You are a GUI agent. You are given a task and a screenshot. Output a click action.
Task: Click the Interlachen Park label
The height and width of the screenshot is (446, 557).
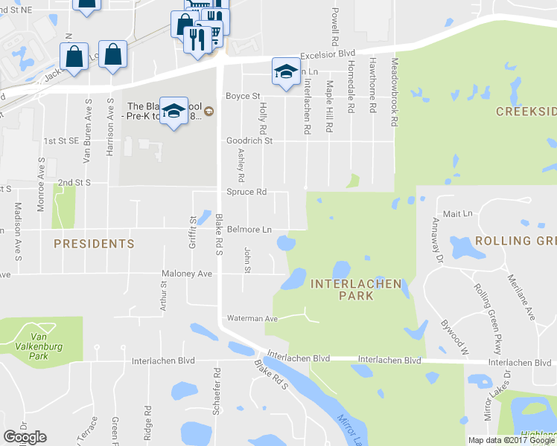(x=356, y=289)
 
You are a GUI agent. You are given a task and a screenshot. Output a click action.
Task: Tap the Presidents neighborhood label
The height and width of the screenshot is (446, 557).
(x=94, y=243)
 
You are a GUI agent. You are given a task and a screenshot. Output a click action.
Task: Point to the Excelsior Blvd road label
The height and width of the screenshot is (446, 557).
(x=328, y=55)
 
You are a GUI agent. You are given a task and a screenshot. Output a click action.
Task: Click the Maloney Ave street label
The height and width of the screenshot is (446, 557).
(x=188, y=274)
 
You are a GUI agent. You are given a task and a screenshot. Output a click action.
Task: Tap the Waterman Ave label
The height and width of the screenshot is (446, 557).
(x=252, y=318)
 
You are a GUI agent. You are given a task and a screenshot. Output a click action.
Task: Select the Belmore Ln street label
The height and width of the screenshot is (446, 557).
(x=249, y=230)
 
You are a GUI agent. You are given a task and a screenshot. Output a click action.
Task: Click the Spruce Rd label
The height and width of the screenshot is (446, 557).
(x=246, y=192)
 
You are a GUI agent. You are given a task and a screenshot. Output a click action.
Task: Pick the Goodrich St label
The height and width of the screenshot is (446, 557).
(x=249, y=140)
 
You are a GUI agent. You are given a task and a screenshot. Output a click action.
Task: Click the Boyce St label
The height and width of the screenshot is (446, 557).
(x=243, y=96)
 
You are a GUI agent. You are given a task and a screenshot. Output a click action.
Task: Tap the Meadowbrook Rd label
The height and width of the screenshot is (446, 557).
(x=395, y=92)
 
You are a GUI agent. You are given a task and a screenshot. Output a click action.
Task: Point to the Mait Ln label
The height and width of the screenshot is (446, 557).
(x=457, y=213)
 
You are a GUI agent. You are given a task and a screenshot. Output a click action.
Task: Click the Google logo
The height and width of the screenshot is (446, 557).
(x=25, y=437)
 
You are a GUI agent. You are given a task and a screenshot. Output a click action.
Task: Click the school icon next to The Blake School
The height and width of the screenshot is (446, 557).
(x=174, y=111)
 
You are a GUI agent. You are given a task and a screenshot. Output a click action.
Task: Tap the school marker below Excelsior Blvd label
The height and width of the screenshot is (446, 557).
(x=284, y=71)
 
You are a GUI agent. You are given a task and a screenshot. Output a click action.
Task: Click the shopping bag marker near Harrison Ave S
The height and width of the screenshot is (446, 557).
(x=112, y=54)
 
